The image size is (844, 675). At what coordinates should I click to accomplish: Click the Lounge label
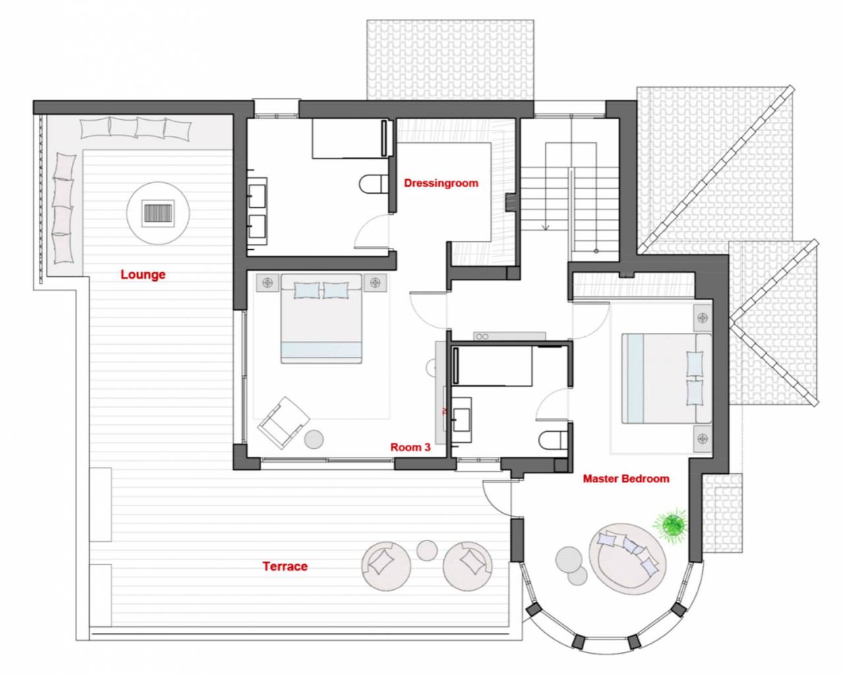[143, 275]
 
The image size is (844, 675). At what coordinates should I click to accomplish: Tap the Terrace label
[285, 566]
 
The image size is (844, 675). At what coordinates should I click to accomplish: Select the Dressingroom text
[441, 183]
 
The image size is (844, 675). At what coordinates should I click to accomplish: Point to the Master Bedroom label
[626, 479]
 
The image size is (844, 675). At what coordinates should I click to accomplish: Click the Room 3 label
[411, 447]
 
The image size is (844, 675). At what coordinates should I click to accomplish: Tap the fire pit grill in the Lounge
[158, 213]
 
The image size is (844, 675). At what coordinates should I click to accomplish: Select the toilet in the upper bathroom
[374, 184]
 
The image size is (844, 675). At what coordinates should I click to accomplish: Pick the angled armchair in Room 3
[283, 423]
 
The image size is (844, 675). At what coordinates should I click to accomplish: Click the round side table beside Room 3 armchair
[314, 439]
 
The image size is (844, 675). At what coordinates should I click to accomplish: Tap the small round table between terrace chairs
[427, 550]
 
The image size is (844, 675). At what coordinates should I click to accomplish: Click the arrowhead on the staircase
[546, 227]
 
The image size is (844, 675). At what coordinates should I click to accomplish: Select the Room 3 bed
[321, 319]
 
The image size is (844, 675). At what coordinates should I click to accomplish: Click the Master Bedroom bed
[667, 378]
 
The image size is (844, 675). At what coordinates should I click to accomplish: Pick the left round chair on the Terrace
[386, 566]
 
